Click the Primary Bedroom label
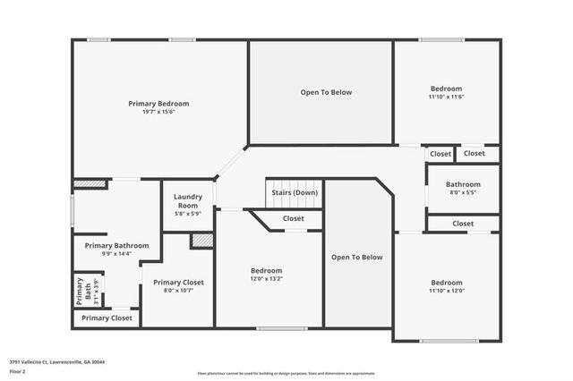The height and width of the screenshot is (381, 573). pos(158,104)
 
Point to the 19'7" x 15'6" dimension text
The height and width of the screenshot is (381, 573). pos(158,113)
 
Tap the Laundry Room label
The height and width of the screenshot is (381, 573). pos(188,200)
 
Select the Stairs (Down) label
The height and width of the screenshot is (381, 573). pos(294,192)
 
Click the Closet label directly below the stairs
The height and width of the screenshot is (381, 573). pos(293,218)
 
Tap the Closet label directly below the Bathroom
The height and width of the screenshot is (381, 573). pos(463,224)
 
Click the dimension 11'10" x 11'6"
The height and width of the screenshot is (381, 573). pos(446,97)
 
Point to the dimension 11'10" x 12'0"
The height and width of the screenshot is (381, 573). pos(446,291)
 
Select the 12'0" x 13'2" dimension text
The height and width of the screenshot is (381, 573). pos(266,280)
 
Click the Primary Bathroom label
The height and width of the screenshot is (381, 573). pos(116,245)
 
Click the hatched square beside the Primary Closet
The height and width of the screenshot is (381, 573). pos(201,241)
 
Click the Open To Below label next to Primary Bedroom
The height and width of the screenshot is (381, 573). pos(325,92)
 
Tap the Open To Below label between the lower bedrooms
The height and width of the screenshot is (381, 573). pos(356,258)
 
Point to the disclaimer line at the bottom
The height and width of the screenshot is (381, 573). pos(286,374)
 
